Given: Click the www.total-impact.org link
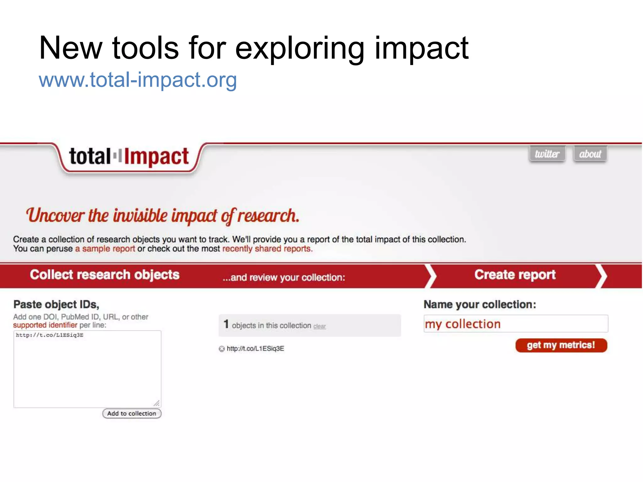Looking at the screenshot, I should (x=138, y=80).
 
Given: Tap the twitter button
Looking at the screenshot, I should (x=547, y=154).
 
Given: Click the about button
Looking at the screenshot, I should (x=590, y=154).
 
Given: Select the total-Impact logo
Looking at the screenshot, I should (x=129, y=157).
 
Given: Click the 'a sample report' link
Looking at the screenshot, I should (x=105, y=249).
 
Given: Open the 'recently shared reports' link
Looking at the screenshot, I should (x=267, y=249).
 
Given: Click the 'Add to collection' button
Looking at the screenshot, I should (x=132, y=414).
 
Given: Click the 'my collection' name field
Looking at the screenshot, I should (x=516, y=324).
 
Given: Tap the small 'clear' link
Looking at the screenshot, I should (x=320, y=326).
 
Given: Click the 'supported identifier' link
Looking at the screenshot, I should (x=45, y=325).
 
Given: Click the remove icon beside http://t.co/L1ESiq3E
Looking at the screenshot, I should (x=222, y=349).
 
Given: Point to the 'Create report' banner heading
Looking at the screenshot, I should (x=515, y=275).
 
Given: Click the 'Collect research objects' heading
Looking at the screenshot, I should (x=105, y=275).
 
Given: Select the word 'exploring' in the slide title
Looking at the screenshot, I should (x=300, y=49).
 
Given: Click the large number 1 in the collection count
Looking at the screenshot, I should (x=226, y=324).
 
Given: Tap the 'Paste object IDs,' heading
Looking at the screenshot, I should (x=56, y=304).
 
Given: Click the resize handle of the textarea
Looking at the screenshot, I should (x=157, y=403).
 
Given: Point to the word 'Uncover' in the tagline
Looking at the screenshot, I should (x=55, y=216).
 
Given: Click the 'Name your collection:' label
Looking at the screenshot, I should (x=480, y=304).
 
